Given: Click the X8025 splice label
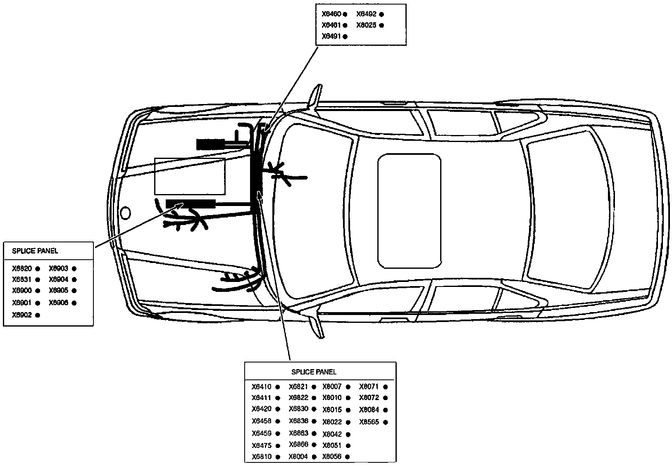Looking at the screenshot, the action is (x=366, y=25).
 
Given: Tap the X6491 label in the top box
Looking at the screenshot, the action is (x=331, y=36).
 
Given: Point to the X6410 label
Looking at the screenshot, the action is (x=261, y=387).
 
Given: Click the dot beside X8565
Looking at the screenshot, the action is (x=386, y=422).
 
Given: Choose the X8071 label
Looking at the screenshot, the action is (x=369, y=387).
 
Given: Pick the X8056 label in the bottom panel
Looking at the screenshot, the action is (x=332, y=457).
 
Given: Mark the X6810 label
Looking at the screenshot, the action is (x=261, y=457).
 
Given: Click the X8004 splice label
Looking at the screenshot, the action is (x=298, y=457).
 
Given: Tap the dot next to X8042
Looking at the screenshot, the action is (x=348, y=434).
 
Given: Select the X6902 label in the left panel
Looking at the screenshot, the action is (x=21, y=315).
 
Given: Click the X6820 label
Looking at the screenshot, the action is (x=21, y=268).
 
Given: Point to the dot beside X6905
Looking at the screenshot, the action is (x=74, y=291).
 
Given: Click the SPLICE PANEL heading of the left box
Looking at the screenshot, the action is (x=35, y=251).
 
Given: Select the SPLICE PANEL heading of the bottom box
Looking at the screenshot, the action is (x=314, y=372).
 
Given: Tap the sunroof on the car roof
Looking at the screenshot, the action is (x=409, y=211).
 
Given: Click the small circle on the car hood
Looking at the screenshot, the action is (x=125, y=213).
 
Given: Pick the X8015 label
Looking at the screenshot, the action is (x=332, y=410).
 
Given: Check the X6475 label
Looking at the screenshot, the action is (x=261, y=445).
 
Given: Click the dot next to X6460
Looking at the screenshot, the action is (x=345, y=14).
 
